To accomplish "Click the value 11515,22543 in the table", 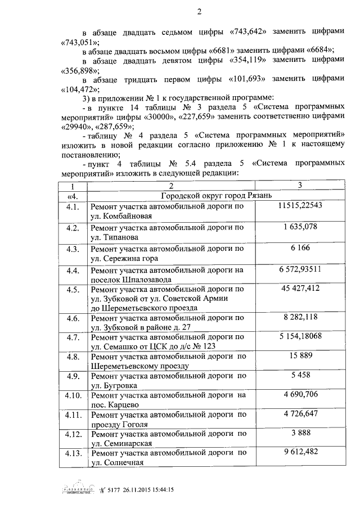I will tap(300, 206).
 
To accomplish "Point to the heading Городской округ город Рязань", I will tap(217, 195).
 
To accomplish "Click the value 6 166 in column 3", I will tap(300, 247).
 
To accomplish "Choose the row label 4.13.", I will tap(72, 453).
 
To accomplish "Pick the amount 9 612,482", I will tap(300, 453).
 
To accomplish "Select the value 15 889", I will tap(300, 357).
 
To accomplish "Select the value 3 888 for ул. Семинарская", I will tap(300, 433).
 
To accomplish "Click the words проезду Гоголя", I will tap(119, 425).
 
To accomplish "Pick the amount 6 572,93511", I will tap(300, 269).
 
